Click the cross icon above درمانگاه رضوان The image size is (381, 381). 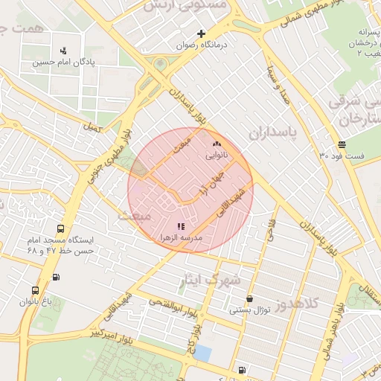201,33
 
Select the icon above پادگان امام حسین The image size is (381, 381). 63,51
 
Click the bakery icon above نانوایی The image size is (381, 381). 217,144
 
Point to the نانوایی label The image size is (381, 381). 217,156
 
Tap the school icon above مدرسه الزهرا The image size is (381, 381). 180,225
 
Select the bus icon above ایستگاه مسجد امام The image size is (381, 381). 60,229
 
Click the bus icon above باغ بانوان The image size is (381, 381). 35,290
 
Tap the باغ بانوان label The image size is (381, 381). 35,302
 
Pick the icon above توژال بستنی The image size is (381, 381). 249,298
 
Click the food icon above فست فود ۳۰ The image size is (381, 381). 341,144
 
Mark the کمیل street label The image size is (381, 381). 92,128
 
